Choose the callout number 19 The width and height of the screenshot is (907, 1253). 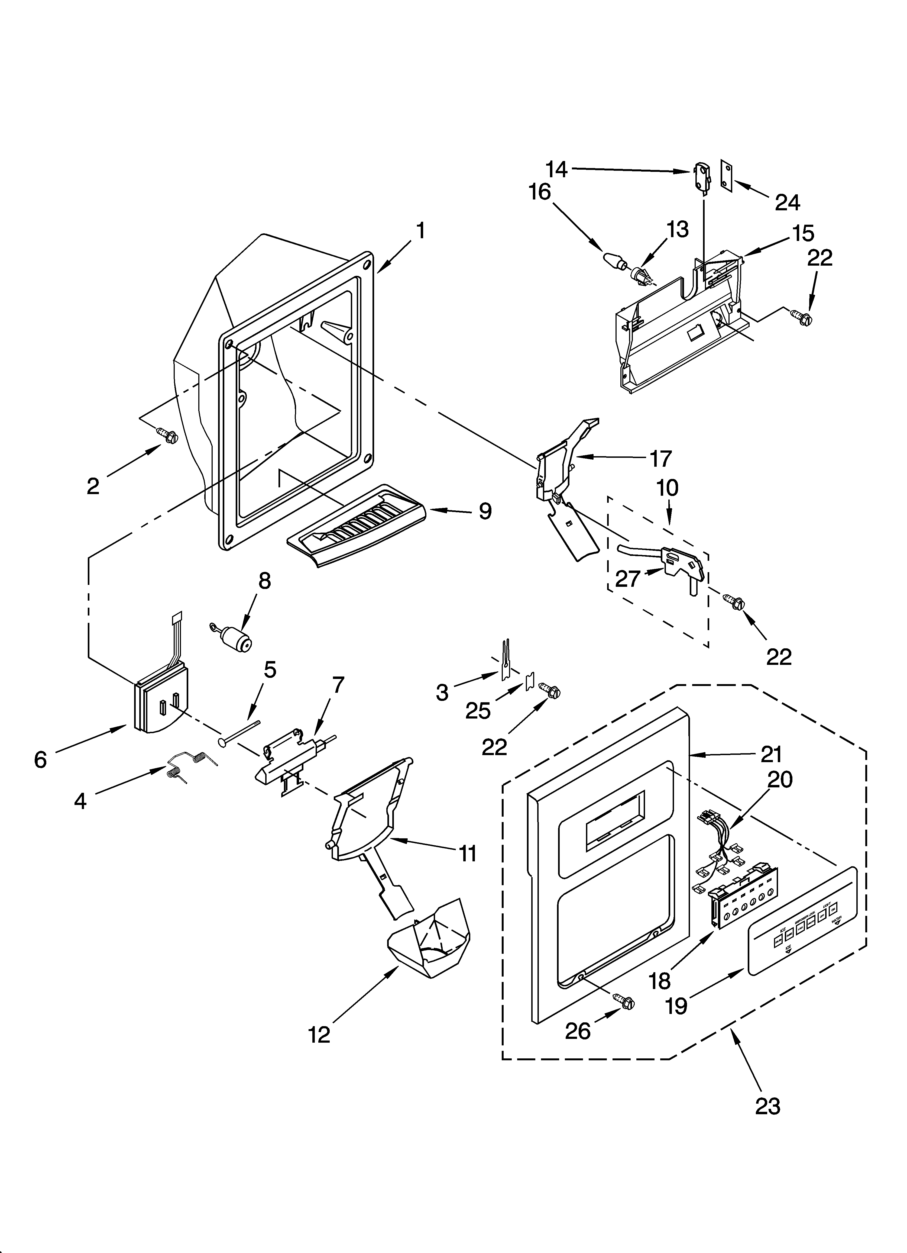point(677,1006)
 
